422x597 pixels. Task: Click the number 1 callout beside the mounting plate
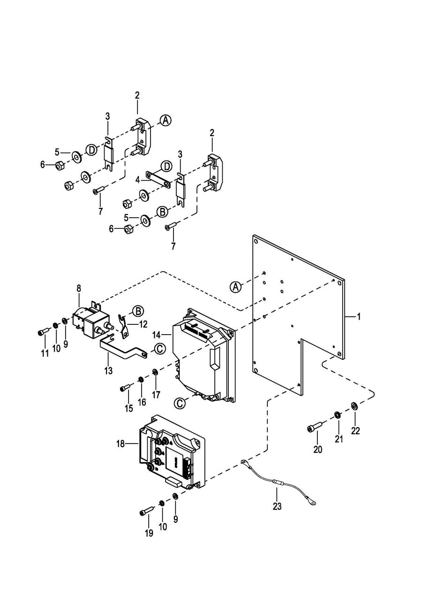[x=358, y=317]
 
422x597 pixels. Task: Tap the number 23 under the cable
[x=277, y=506]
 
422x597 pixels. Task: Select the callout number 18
[x=121, y=444]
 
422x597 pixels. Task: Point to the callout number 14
[x=157, y=334]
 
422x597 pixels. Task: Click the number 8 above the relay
[x=79, y=288]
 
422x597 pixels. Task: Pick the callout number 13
[x=108, y=370]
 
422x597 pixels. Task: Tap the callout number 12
[x=143, y=324]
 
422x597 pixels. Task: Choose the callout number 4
[x=137, y=180]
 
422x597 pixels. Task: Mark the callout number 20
[x=317, y=450]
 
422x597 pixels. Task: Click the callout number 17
[x=156, y=395]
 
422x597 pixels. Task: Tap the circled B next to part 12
[x=138, y=311]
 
